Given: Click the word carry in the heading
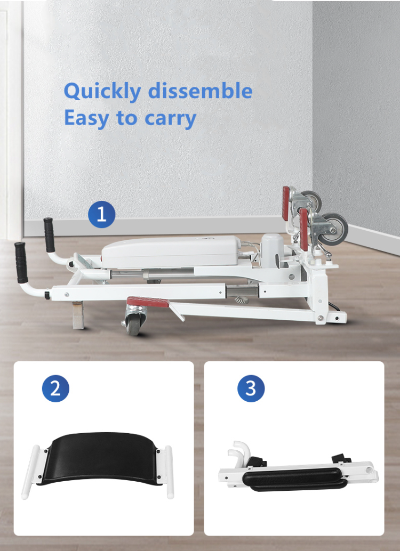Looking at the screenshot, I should click(x=169, y=119).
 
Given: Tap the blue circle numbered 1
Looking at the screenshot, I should click(x=101, y=215).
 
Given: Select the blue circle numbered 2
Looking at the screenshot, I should click(x=55, y=388).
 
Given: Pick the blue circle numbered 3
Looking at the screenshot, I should click(x=251, y=388).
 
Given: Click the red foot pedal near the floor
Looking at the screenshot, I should click(x=148, y=303).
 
